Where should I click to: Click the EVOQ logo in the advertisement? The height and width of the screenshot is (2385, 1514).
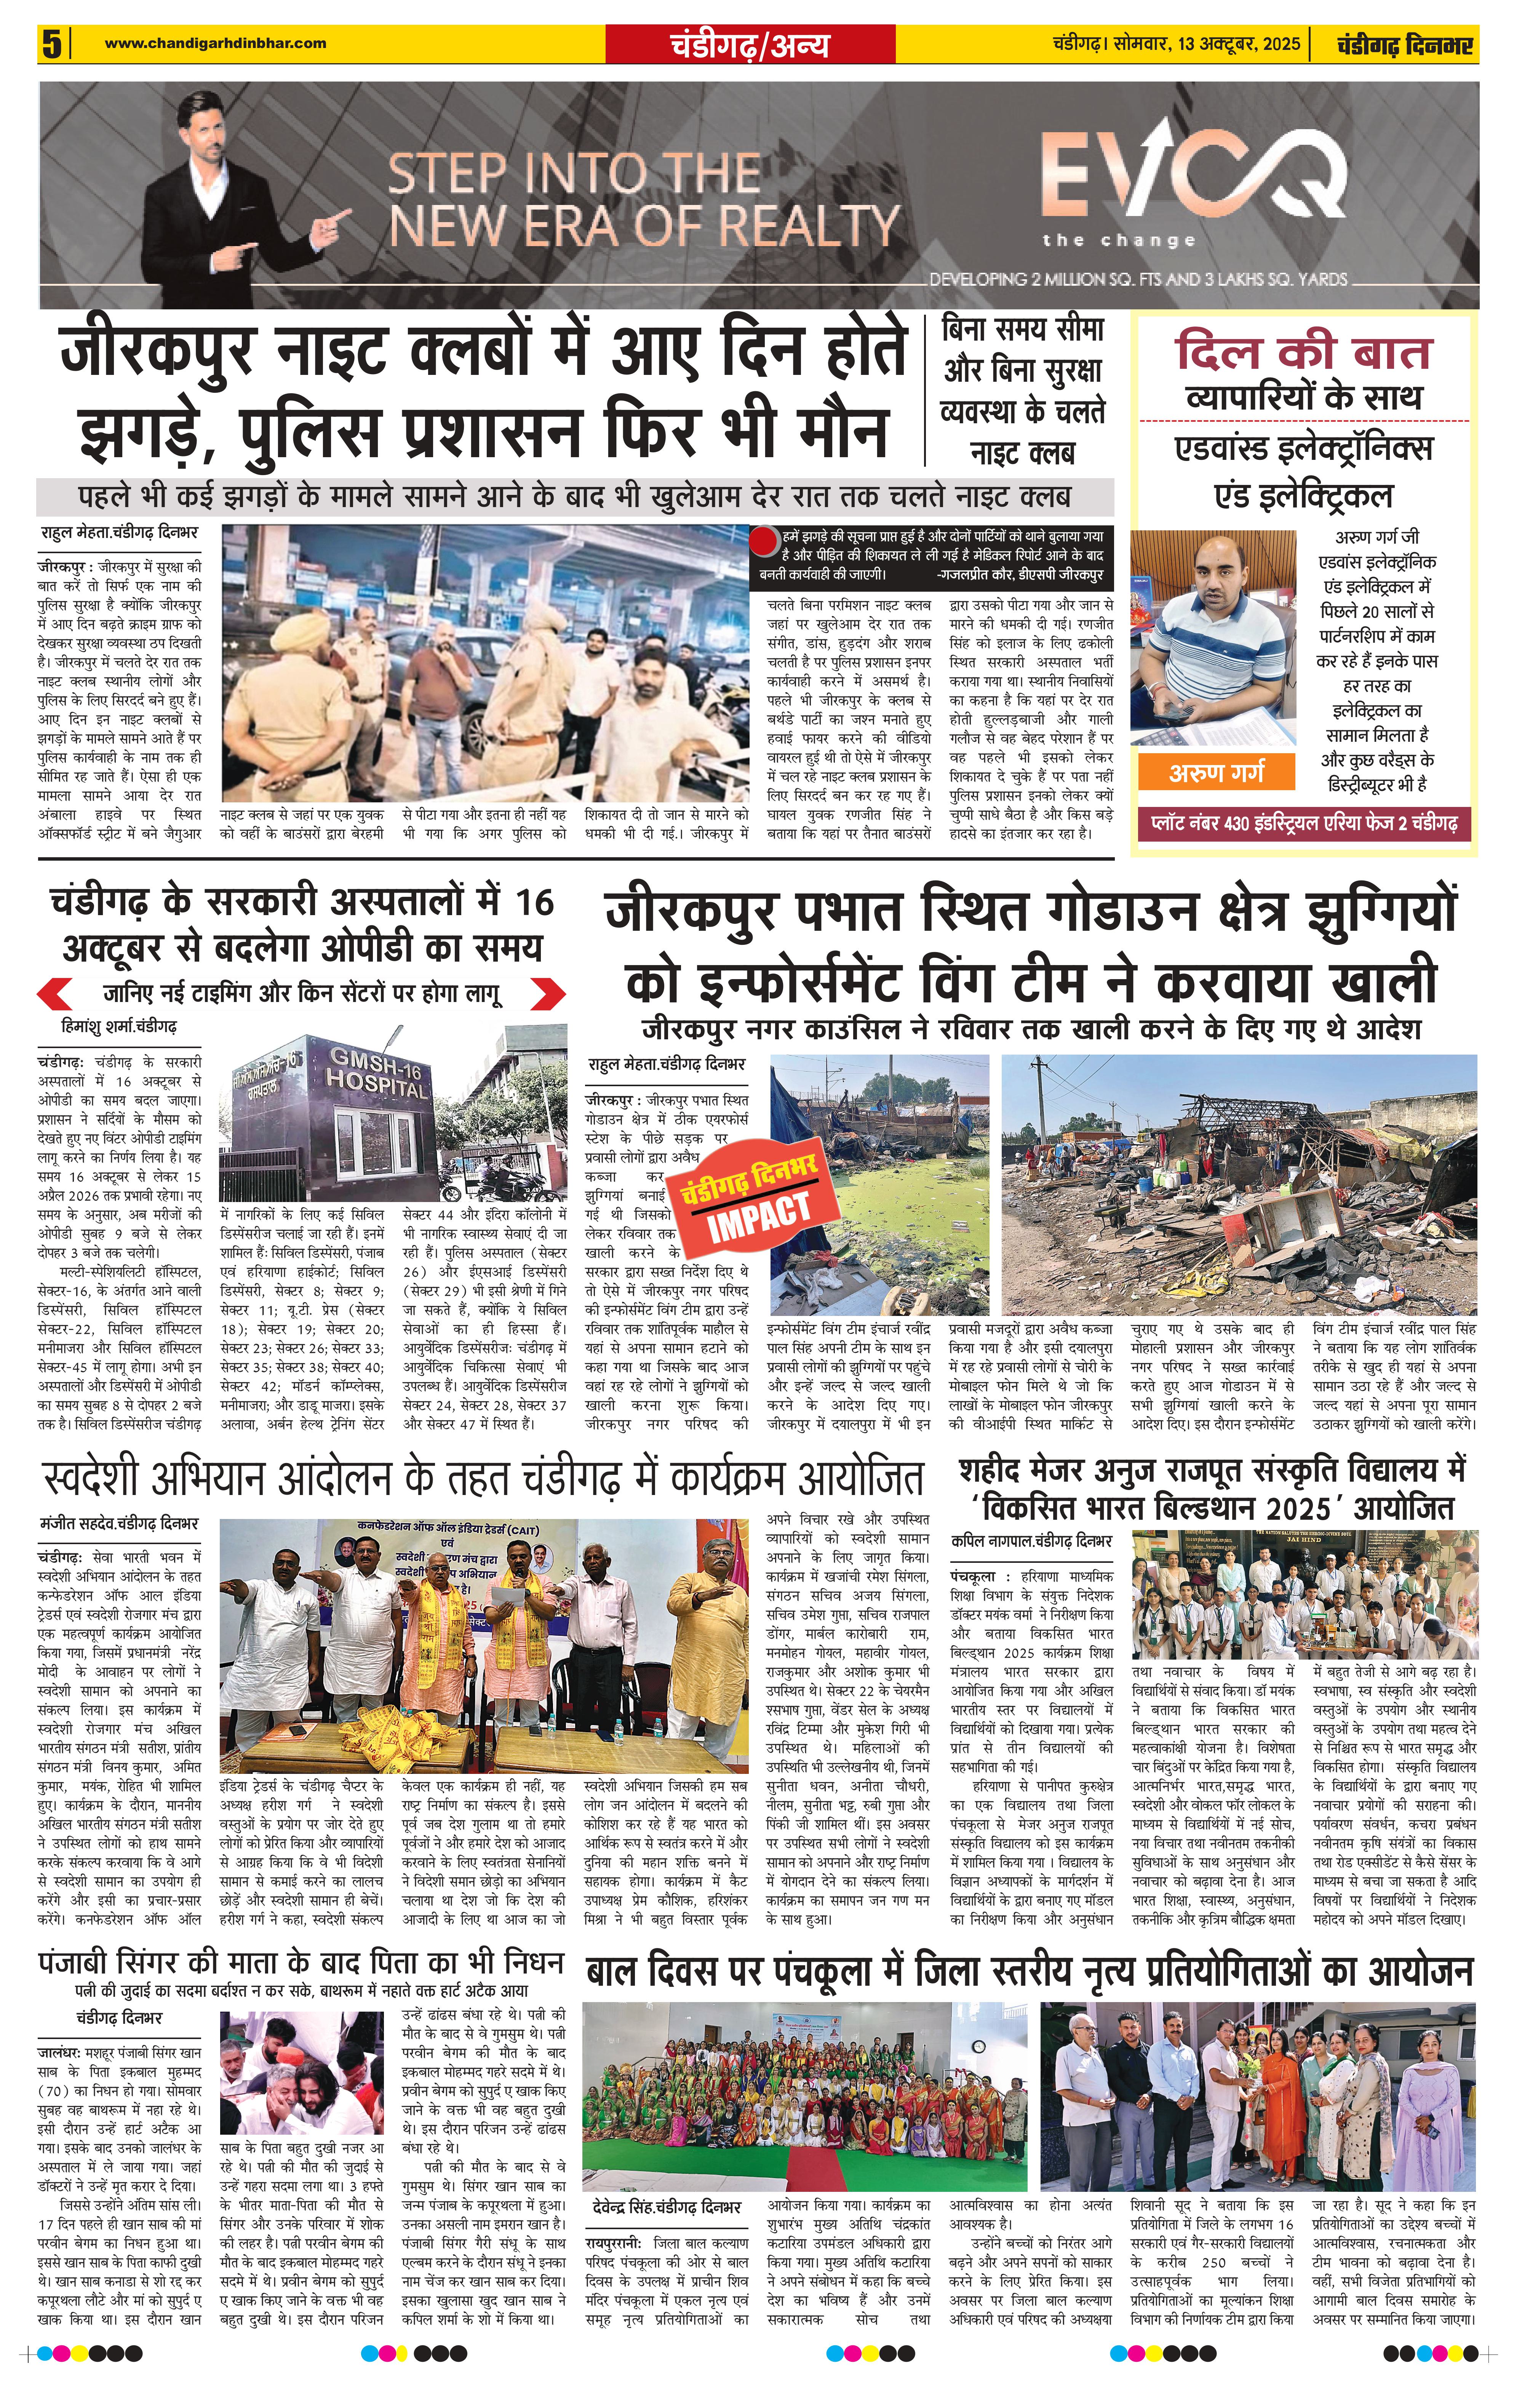pyautogui.click(x=1193, y=178)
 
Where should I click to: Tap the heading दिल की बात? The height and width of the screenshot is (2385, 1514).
pyautogui.click(x=1304, y=352)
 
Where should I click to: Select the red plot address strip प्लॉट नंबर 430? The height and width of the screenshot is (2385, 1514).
pyautogui.click(x=1304, y=823)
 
